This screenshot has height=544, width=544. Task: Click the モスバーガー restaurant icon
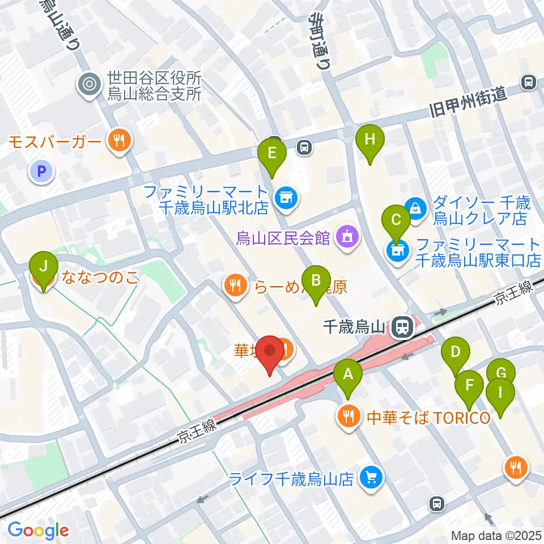click(118, 141)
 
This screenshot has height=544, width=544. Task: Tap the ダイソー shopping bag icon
click(416, 208)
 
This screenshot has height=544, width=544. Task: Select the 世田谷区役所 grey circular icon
click(90, 85)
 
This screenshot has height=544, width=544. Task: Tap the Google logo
click(39, 530)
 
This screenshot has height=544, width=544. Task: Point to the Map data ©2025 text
click(496, 535)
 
